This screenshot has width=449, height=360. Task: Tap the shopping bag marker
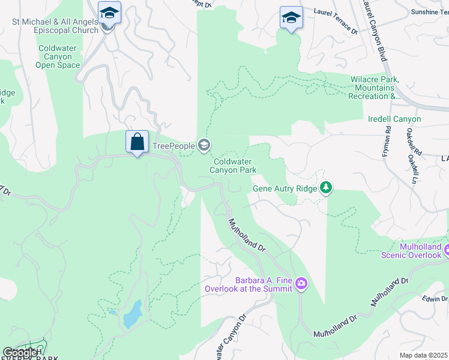coord(137,142)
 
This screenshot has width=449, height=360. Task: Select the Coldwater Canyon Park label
coord(233,166)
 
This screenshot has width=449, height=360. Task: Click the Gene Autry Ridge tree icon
coord(326,188)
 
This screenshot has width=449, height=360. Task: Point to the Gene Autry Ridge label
coord(284,188)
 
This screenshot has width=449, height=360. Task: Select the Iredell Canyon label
coord(394,119)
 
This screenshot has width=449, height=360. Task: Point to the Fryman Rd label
coord(387,142)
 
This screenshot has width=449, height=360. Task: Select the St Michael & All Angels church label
coord(55,26)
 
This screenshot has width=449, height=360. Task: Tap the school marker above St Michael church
coord(109,13)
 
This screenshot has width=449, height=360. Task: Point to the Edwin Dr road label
coord(435,299)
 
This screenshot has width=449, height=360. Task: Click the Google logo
coord(20,352)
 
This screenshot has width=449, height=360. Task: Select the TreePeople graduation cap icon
coord(204,145)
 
